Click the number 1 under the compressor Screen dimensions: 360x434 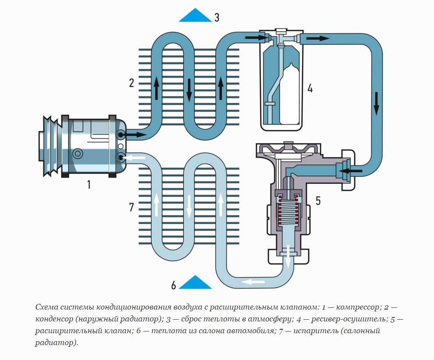point(89,184)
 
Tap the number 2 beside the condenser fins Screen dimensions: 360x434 point(131,83)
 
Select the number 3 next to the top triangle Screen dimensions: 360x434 point(217,18)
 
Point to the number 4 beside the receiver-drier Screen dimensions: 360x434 point(310,88)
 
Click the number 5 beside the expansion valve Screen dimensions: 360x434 point(318,201)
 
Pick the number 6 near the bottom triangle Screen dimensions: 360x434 point(174,285)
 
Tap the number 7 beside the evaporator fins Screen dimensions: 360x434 point(131,207)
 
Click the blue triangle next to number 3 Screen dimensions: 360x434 point(195,16)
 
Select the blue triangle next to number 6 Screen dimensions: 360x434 point(196,283)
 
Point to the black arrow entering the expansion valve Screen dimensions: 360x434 point(353,170)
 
